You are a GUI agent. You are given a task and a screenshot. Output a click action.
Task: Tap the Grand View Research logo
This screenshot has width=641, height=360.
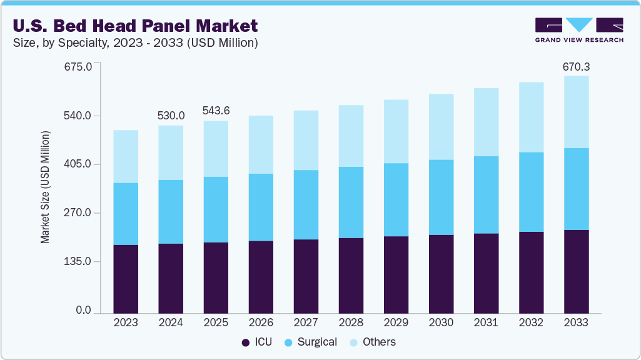click(579, 29)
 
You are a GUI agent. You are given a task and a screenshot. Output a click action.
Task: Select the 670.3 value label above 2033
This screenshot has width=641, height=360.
click(576, 66)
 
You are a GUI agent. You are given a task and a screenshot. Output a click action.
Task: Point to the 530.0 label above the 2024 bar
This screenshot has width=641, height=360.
click(171, 116)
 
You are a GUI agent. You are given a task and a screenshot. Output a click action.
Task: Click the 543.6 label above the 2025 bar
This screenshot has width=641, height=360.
click(216, 111)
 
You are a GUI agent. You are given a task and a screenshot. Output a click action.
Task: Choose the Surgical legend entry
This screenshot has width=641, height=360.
click(311, 342)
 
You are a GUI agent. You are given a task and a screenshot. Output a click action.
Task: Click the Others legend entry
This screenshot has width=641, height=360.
click(373, 342)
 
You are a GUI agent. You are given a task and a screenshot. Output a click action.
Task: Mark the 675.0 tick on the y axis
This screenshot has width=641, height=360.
click(79, 66)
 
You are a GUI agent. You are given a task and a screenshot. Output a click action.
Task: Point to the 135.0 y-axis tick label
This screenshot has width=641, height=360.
click(79, 261)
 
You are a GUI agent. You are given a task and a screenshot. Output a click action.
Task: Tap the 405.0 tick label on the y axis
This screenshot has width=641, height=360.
click(79, 164)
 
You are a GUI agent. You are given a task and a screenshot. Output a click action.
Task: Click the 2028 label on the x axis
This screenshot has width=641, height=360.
click(351, 322)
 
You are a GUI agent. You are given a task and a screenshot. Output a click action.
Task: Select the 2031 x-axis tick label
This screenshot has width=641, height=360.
click(486, 322)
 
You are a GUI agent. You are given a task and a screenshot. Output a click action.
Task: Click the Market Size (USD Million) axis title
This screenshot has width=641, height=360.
click(45, 187)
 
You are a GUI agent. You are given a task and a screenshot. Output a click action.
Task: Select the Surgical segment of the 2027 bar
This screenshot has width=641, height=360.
click(306, 204)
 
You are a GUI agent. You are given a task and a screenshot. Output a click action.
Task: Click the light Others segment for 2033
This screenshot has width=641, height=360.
click(576, 112)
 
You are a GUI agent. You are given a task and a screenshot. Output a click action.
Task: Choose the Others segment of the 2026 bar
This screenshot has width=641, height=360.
click(261, 144)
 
